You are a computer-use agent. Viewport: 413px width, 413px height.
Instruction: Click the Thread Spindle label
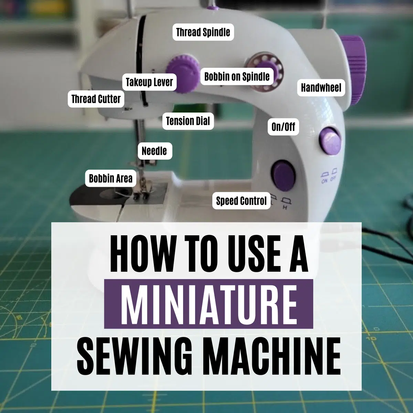coord(203,32)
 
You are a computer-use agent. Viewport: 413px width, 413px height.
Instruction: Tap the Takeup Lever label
coord(149,82)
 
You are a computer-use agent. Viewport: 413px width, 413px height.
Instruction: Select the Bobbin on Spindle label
coord(237,76)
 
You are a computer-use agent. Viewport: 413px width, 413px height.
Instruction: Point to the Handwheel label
coord(321,88)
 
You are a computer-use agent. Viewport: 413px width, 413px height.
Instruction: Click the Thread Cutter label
coord(96,99)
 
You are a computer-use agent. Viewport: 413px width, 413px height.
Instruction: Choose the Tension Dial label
coord(188,121)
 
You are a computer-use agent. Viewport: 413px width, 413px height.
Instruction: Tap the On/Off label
coord(283,127)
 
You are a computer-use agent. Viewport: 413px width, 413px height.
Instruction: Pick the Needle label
coord(155,151)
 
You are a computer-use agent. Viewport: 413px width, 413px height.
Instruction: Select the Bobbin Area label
coord(110,178)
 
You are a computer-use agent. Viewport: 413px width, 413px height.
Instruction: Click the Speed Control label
coord(241,201)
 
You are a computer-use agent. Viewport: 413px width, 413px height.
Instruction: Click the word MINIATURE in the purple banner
coord(209,304)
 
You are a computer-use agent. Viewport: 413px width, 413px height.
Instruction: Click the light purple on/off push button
coord(330,141)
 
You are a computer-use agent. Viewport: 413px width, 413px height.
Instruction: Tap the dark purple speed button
coord(283,175)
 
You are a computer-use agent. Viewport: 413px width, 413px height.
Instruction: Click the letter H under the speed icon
coord(285,207)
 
